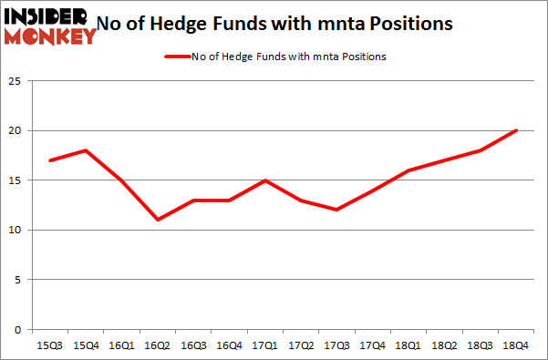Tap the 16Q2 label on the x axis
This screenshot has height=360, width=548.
coord(157,345)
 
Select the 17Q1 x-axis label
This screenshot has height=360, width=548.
coord(264,345)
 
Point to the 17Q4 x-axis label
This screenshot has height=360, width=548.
coord(373,345)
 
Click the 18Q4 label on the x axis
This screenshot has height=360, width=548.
coord(516,345)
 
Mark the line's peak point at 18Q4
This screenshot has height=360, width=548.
coord(516,130)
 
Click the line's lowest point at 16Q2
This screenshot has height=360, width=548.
coord(157,220)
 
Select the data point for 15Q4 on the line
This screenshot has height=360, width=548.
coord(85,150)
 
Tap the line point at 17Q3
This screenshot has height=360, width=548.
coord(336,210)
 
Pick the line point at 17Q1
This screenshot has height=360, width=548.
coord(264,180)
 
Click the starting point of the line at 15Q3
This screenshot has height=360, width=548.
coord(49,160)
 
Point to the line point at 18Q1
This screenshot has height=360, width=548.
coord(408,170)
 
